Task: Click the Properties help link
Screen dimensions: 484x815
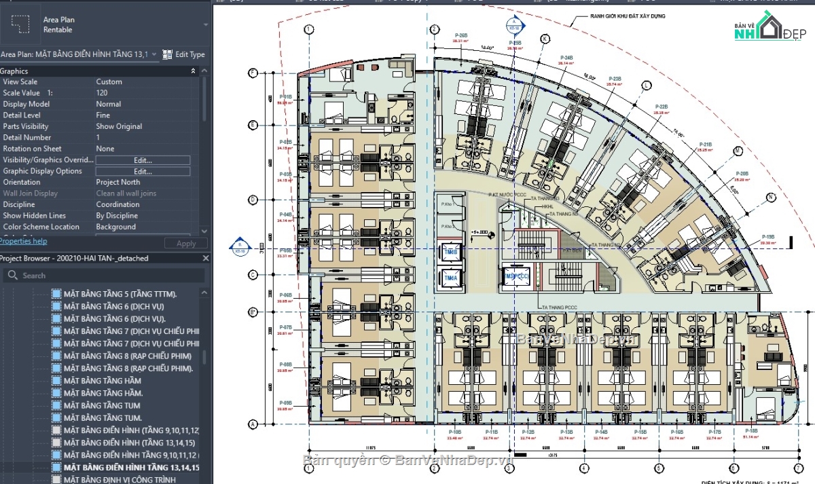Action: pyautogui.click(x=24, y=241)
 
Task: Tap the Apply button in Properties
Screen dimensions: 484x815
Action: pyautogui.click(x=185, y=243)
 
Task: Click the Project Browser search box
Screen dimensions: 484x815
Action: pyautogui.click(x=105, y=276)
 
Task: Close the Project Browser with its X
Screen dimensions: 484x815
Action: pyautogui.click(x=206, y=259)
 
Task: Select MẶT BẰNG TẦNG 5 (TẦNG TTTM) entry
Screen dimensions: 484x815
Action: pyautogui.click(x=120, y=294)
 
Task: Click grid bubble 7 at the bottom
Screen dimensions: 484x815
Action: pyautogui.click(x=799, y=468)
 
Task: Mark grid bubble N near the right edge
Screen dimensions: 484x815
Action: pyautogui.click(x=771, y=198)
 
